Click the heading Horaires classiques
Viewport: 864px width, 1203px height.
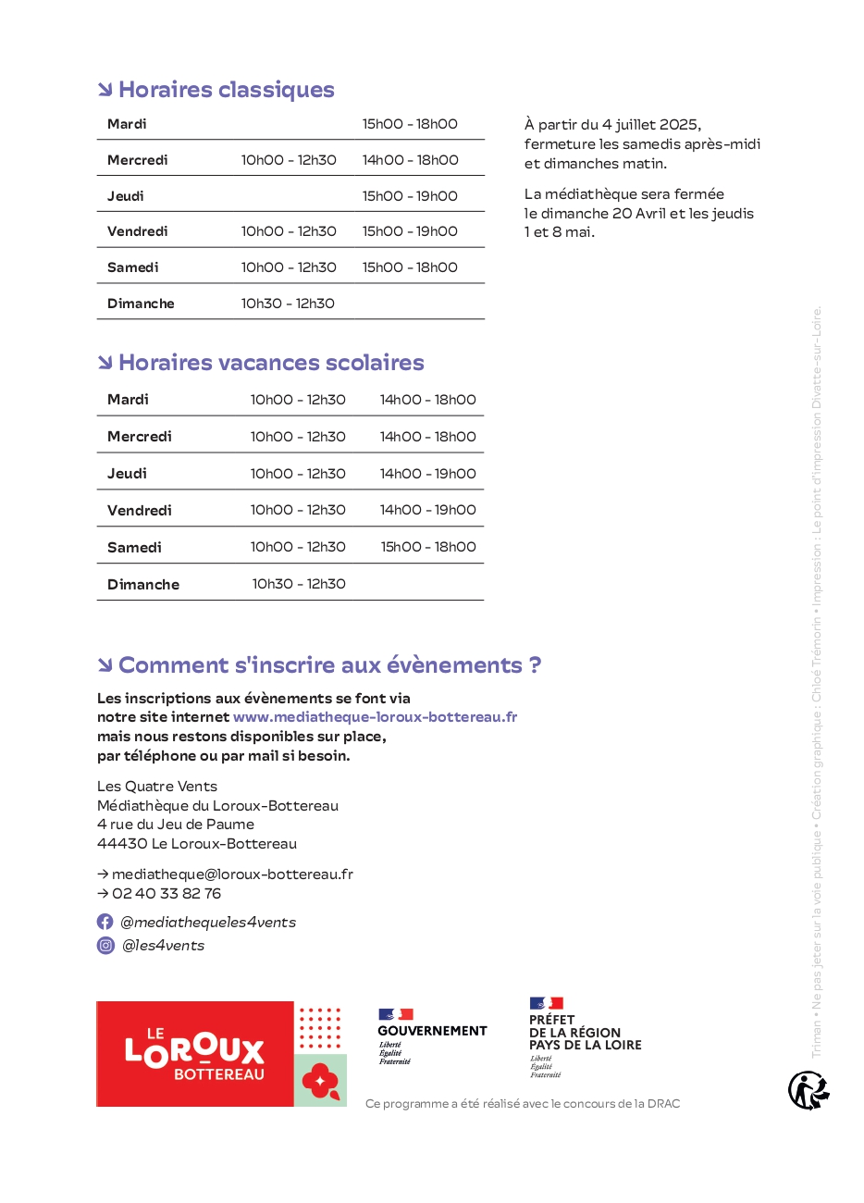227,90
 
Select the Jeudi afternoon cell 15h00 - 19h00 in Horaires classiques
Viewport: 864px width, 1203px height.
410,196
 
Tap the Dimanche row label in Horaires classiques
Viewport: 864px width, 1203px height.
141,304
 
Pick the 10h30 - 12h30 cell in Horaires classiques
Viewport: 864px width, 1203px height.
288,304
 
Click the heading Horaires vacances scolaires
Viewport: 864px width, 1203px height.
271,363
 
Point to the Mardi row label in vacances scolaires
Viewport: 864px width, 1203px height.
128,400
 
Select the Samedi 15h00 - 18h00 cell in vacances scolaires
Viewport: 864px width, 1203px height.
428,547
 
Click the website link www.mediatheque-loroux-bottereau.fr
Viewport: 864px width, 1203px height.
375,717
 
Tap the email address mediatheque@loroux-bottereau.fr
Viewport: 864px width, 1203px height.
232,874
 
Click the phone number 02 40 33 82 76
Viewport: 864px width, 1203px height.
167,894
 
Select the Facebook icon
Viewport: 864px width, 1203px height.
105,923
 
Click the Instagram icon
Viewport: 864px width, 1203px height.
105,946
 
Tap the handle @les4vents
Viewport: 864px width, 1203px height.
164,946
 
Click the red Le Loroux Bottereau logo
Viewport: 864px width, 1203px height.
195,1054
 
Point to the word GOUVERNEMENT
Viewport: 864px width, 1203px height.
432,1031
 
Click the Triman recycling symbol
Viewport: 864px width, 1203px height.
808,1090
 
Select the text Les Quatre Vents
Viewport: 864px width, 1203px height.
157,787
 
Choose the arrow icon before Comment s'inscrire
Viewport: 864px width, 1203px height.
105,665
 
